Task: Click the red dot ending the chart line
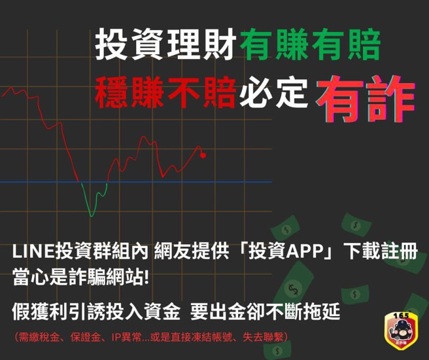(203, 155)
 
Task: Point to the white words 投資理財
(166, 45)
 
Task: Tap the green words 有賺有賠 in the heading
(309, 45)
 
